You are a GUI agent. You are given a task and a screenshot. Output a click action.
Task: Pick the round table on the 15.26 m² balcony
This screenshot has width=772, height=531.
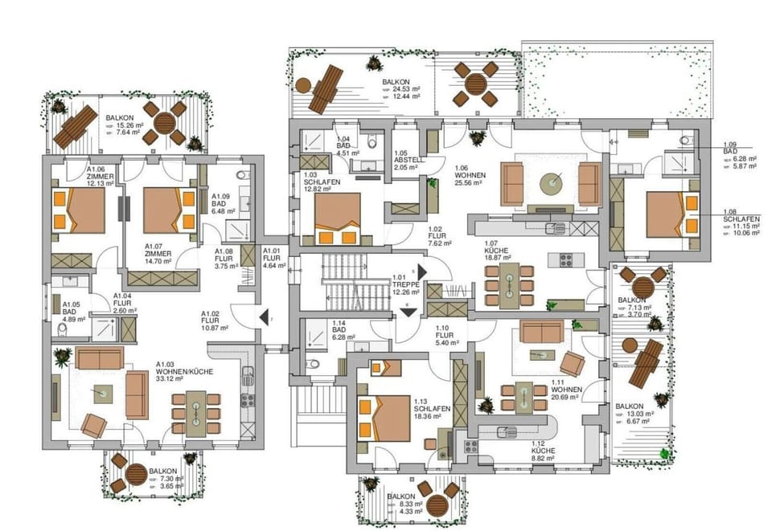pos(165,123)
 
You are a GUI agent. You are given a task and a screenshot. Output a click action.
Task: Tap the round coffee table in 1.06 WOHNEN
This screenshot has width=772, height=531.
pos(552,183)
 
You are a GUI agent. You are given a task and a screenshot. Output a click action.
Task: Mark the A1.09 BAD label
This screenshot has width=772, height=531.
pos(224,199)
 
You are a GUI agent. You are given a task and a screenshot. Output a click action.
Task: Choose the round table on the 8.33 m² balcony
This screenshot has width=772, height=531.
pos(437,505)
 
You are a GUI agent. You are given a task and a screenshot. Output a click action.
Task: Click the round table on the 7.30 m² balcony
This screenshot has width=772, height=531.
pos(135,473)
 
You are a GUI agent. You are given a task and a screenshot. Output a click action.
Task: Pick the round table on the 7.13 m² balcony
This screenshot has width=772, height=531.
pos(643,285)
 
